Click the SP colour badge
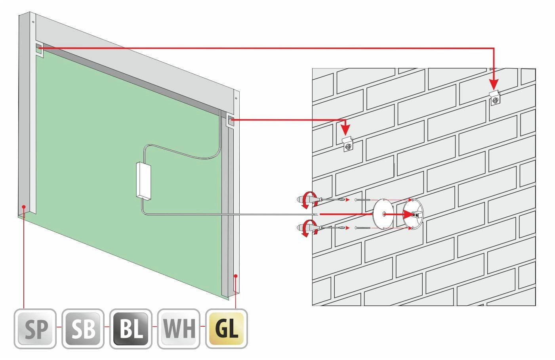click(x=35, y=329)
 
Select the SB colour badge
click(x=83, y=329)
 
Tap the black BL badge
click(x=131, y=329)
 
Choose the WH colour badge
click(x=179, y=329)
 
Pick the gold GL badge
click(x=227, y=329)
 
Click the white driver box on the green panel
click(x=143, y=181)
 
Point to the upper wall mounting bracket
click(x=495, y=98)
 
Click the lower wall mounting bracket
click(x=348, y=145)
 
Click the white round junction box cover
click(x=383, y=214)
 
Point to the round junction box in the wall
click(x=413, y=214)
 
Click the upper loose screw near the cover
click(x=363, y=199)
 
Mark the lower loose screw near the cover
click(x=363, y=228)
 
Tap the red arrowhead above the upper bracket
click(x=494, y=85)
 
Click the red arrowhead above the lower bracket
click(x=345, y=130)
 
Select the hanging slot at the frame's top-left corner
click(x=39, y=50)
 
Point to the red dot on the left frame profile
click(x=24, y=206)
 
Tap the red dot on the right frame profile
click(x=236, y=276)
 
